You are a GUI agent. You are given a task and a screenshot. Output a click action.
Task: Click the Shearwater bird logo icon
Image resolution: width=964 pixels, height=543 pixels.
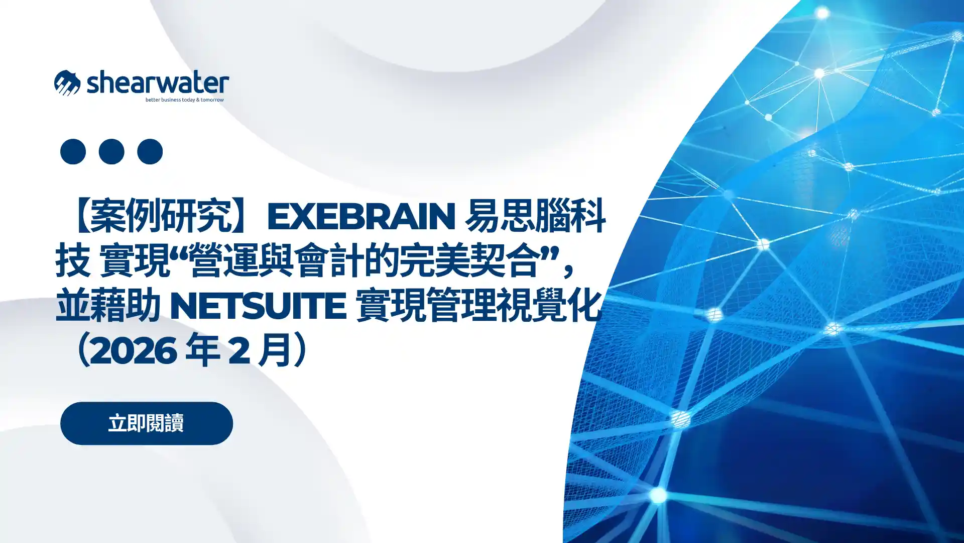67,83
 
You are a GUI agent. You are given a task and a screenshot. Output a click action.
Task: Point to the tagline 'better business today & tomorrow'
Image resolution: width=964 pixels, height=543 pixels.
184,100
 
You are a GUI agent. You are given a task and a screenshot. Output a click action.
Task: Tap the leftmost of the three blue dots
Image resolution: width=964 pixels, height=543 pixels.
73,151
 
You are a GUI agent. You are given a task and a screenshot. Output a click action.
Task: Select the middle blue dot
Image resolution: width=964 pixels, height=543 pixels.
111,151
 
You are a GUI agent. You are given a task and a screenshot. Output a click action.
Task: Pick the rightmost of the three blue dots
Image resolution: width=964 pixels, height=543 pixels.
150,151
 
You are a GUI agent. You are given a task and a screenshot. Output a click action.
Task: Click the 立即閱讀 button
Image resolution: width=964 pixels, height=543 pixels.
146,423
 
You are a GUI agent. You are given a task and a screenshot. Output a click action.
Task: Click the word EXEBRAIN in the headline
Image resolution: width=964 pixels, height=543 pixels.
360,216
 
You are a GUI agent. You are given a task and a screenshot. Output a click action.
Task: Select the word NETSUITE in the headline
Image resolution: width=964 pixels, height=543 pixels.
258,306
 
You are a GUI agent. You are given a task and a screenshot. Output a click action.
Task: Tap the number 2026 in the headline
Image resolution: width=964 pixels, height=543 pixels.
134,350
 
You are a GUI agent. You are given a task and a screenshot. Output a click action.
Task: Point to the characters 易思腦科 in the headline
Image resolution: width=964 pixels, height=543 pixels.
535,216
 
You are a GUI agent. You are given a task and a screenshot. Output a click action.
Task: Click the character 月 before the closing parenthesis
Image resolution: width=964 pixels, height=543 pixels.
274,350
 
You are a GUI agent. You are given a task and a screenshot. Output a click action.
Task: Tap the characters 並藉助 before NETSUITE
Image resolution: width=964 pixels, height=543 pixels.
108,306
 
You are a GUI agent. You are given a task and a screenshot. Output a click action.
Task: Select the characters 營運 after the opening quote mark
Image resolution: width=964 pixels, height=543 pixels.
224,261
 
